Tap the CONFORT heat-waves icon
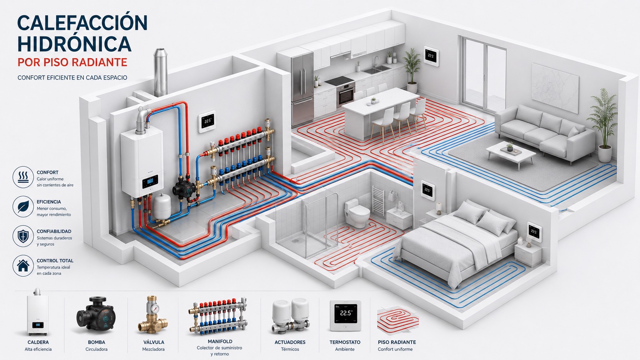23,177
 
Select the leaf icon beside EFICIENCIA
23,207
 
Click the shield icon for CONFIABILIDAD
23,236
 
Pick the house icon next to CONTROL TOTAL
23,266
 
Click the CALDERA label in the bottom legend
38,342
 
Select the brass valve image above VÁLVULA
153,315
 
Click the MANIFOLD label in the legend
220,341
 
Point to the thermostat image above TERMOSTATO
345,316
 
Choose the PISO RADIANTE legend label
397,342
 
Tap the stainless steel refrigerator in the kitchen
303,89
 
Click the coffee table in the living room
511,155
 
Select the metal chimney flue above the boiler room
160,73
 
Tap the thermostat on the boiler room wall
207,122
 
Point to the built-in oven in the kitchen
346,94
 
